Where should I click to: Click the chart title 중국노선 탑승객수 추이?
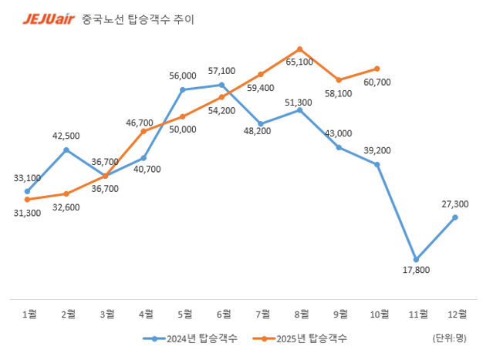point(137,19)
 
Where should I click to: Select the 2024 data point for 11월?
point(417,259)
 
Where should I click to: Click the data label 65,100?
point(299,62)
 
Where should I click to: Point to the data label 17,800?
point(417,270)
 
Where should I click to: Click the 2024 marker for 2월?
point(66,150)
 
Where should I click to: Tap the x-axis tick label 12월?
point(455,313)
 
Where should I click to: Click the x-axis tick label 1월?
point(28,313)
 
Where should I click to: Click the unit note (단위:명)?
point(449,338)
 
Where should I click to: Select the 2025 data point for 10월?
point(377,69)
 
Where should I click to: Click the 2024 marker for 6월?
point(222,85)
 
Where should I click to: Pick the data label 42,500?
point(67,136)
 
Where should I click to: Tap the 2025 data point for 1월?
point(27,199)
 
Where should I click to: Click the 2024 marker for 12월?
point(455,217)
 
